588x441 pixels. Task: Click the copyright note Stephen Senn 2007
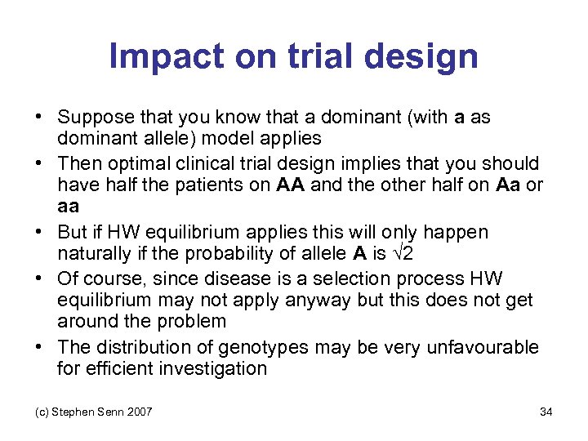[87, 412]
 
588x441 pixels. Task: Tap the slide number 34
[546, 412]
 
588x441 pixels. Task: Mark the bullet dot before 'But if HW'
[41, 233]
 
